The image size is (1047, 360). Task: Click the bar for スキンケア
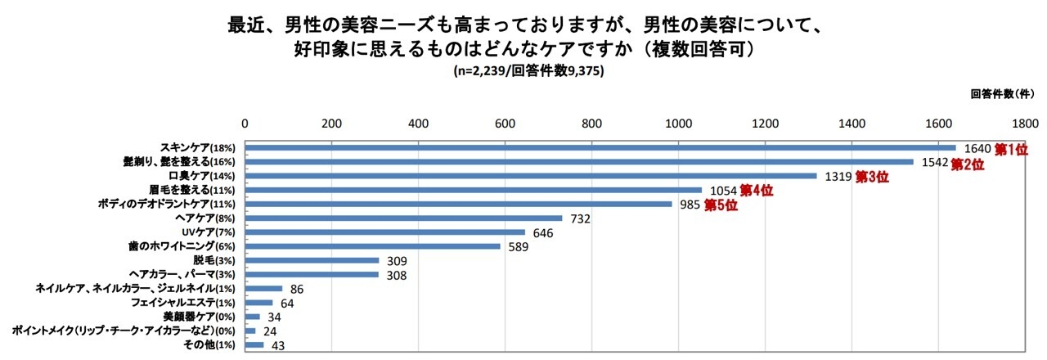coord(600,148)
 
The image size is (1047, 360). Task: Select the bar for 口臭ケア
coord(531,176)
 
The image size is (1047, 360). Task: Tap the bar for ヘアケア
coord(404,218)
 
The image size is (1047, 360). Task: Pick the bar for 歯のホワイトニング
coord(373,245)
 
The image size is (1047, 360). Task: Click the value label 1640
coord(977,149)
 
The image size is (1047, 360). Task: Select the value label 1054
coord(721,191)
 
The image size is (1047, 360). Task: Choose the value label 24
coord(269,331)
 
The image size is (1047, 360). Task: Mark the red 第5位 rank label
coord(721,205)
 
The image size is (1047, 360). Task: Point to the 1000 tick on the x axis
coord(678,124)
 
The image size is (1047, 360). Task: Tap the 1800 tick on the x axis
coord(1025,124)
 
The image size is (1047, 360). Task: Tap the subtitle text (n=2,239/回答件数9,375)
coord(528,71)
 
